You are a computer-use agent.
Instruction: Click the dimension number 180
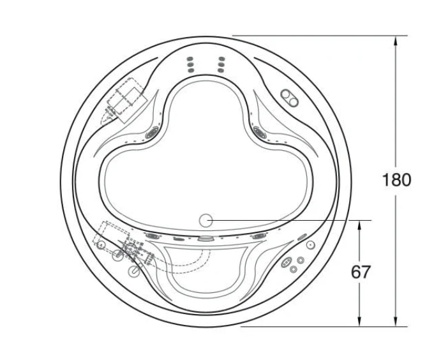[396, 180]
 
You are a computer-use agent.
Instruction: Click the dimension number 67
[360, 272]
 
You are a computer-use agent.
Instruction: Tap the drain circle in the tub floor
[206, 221]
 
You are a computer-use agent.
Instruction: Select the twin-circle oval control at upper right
[290, 98]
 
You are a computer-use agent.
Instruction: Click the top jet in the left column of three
[190, 59]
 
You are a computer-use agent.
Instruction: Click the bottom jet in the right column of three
[221, 70]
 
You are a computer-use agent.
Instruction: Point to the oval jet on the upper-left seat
[152, 131]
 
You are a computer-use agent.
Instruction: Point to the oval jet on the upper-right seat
[260, 132]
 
